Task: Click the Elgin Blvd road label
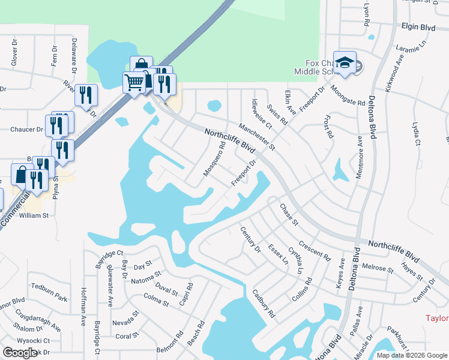tap(418, 26)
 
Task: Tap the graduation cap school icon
tap(345, 62)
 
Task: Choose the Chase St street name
tap(289, 215)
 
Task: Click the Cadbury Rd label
tap(264, 304)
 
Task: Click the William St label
tap(34, 214)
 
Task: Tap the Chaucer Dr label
tap(28, 129)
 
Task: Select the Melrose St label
tap(377, 268)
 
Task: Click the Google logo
tap(20, 353)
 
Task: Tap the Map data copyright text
tap(411, 355)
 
